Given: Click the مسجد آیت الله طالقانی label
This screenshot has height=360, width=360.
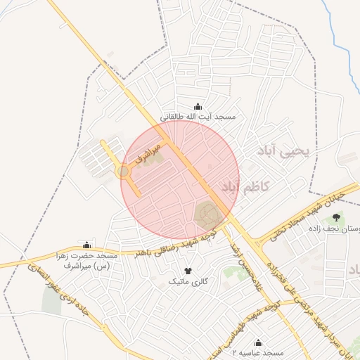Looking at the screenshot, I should pos(199,117).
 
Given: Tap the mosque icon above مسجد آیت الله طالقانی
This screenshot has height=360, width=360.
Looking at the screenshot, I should pos(198,106).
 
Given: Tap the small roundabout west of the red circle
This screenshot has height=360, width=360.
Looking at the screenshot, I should pos(124,171).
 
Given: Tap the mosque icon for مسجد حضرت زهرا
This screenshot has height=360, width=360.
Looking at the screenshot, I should pos(87,245).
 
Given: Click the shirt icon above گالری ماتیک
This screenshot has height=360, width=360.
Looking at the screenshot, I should pos(188,271).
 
